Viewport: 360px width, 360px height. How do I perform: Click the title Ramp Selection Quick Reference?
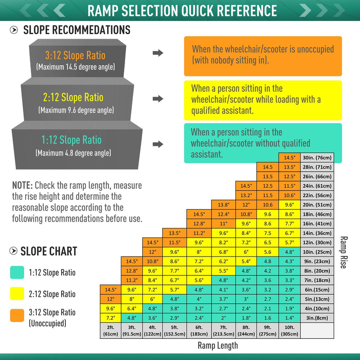[182, 10]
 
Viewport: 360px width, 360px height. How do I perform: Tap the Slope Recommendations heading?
[76, 30]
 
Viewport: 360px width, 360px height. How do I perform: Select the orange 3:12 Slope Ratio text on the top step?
[75, 56]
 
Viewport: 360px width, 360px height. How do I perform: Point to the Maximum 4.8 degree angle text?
[73, 153]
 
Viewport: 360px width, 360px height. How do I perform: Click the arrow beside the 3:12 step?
[158, 53]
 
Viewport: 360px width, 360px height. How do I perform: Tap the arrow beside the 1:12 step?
[158, 144]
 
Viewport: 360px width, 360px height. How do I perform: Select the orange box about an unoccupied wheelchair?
[263, 56]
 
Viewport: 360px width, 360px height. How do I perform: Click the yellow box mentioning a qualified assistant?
[263, 99]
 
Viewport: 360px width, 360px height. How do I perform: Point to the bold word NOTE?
[22, 185]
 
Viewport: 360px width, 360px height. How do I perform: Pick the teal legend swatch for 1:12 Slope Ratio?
[17, 271]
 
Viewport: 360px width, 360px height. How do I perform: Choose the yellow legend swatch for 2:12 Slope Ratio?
[17, 294]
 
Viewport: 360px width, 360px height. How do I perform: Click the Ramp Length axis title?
[217, 346]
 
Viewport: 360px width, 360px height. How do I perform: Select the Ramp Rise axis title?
[343, 252]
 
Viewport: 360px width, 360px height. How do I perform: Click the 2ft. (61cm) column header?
[110, 331]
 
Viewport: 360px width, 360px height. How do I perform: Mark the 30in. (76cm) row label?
[318, 157]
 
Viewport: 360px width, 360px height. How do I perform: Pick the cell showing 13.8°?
[224, 204]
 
